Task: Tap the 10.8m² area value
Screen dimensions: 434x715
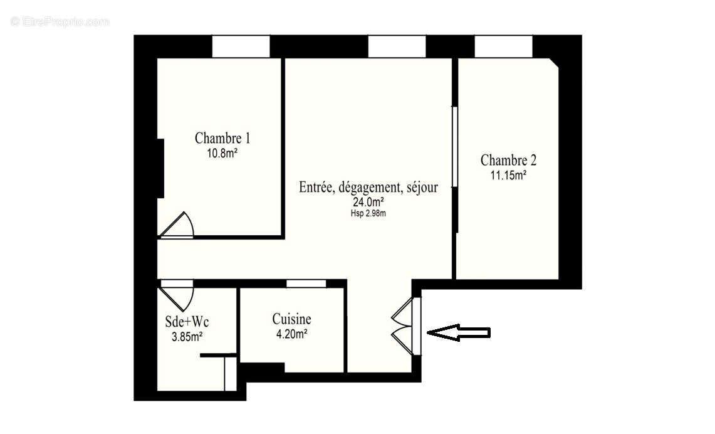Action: [222, 152]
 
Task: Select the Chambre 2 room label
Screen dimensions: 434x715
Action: [508, 161]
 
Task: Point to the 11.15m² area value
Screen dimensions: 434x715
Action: [508, 176]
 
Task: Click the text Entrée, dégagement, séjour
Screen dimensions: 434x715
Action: [368, 187]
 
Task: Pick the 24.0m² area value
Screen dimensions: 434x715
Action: [368, 202]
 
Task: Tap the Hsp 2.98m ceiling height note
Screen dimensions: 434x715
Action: [368, 213]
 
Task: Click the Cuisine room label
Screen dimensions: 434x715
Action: [291, 319]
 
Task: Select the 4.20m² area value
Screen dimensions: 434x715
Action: [291, 334]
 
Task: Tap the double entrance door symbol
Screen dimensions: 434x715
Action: [405, 327]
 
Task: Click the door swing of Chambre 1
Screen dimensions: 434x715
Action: [178, 226]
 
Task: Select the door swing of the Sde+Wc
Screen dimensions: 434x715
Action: [177, 295]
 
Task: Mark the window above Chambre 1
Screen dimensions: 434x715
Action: [241, 46]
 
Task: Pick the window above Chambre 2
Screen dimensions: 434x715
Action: [503, 46]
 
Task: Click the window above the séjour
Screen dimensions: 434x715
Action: [397, 46]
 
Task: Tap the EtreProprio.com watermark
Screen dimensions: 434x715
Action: [60, 21]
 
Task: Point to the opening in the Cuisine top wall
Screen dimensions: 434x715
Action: [306, 283]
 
